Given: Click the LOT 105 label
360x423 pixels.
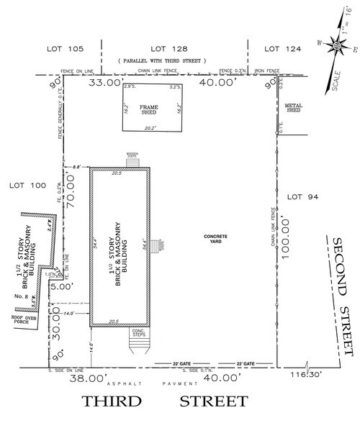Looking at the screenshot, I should tap(66, 49).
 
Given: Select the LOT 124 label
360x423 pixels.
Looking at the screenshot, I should tap(282, 49).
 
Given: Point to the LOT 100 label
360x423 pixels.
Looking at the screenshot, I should tap(27, 186).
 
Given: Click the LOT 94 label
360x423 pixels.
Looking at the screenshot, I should tap(302, 196).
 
